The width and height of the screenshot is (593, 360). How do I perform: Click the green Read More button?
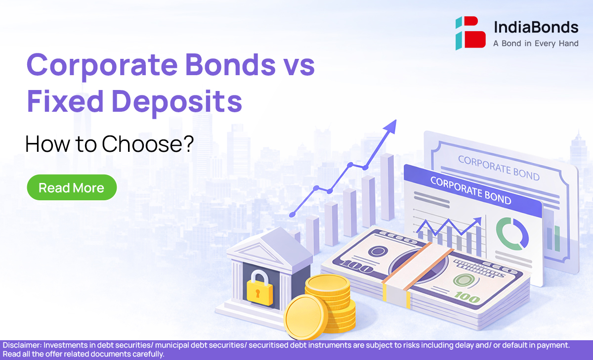coord(72,187)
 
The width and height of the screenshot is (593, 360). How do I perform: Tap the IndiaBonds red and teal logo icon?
coord(470,33)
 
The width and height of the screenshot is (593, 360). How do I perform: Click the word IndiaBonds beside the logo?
coord(536,27)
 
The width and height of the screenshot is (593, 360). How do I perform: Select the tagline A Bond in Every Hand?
coord(536,44)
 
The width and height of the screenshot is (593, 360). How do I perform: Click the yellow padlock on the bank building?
coord(259,289)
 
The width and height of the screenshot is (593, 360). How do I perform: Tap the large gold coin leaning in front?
coord(305,317)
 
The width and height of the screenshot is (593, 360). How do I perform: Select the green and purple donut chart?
coord(512,233)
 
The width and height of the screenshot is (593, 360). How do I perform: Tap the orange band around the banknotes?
coord(418,265)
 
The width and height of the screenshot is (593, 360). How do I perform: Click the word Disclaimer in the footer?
coord(22,345)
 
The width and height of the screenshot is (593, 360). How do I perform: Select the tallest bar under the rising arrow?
coord(387,187)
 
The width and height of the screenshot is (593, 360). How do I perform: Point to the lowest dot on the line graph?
coord(292,215)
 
